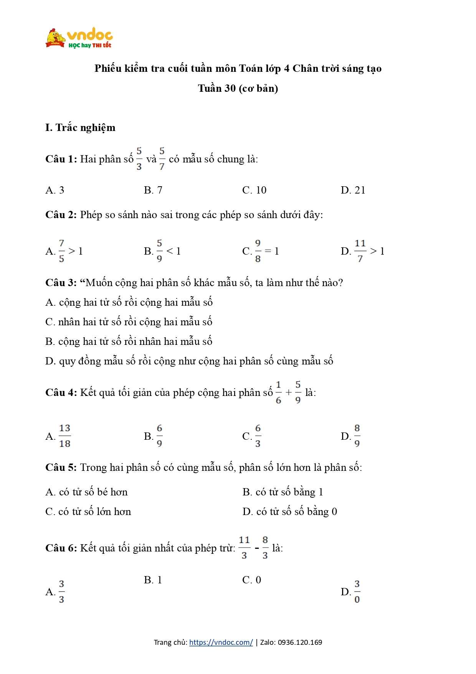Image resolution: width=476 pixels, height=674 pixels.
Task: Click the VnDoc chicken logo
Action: pyautogui.click(x=56, y=38)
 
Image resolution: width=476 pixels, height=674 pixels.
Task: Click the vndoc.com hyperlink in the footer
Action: pyautogui.click(x=221, y=642)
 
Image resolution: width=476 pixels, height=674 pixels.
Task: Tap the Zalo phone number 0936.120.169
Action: pyautogui.click(x=300, y=642)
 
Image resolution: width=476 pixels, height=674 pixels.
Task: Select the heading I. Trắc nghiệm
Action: pyautogui.click(x=80, y=128)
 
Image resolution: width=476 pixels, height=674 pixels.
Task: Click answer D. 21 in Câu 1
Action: pyautogui.click(x=353, y=190)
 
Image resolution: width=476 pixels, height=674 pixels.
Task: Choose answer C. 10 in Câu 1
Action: pyautogui.click(x=254, y=190)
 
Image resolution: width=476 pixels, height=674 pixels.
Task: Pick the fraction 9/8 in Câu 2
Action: pyautogui.click(x=258, y=251)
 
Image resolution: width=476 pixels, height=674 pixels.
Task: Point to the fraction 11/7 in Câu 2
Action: pyautogui.click(x=360, y=251)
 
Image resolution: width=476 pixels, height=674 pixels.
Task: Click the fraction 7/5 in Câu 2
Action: pyautogui.click(x=61, y=251)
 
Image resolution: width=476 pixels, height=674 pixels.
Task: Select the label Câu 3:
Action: pyautogui.click(x=61, y=283)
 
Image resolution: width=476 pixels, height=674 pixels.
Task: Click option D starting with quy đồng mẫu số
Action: pyautogui.click(x=189, y=361)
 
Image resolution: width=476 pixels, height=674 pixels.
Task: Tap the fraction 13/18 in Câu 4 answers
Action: pyautogui.click(x=65, y=436)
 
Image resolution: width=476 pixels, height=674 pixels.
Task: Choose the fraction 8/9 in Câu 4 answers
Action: pyautogui.click(x=357, y=436)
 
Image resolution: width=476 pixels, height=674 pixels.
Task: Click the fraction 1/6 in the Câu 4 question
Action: pyautogui.click(x=278, y=392)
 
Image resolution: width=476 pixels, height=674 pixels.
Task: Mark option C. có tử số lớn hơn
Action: pyautogui.click(x=88, y=512)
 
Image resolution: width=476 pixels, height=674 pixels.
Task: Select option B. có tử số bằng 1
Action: pyautogui.click(x=283, y=492)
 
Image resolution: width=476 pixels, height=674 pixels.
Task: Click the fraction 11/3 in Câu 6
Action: pyautogui.click(x=244, y=548)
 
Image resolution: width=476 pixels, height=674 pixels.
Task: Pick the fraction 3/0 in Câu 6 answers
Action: pyautogui.click(x=357, y=591)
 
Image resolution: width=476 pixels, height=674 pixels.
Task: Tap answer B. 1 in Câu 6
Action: pyautogui.click(x=153, y=580)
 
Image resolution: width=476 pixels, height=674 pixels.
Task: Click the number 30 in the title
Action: pyautogui.click(x=230, y=88)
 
